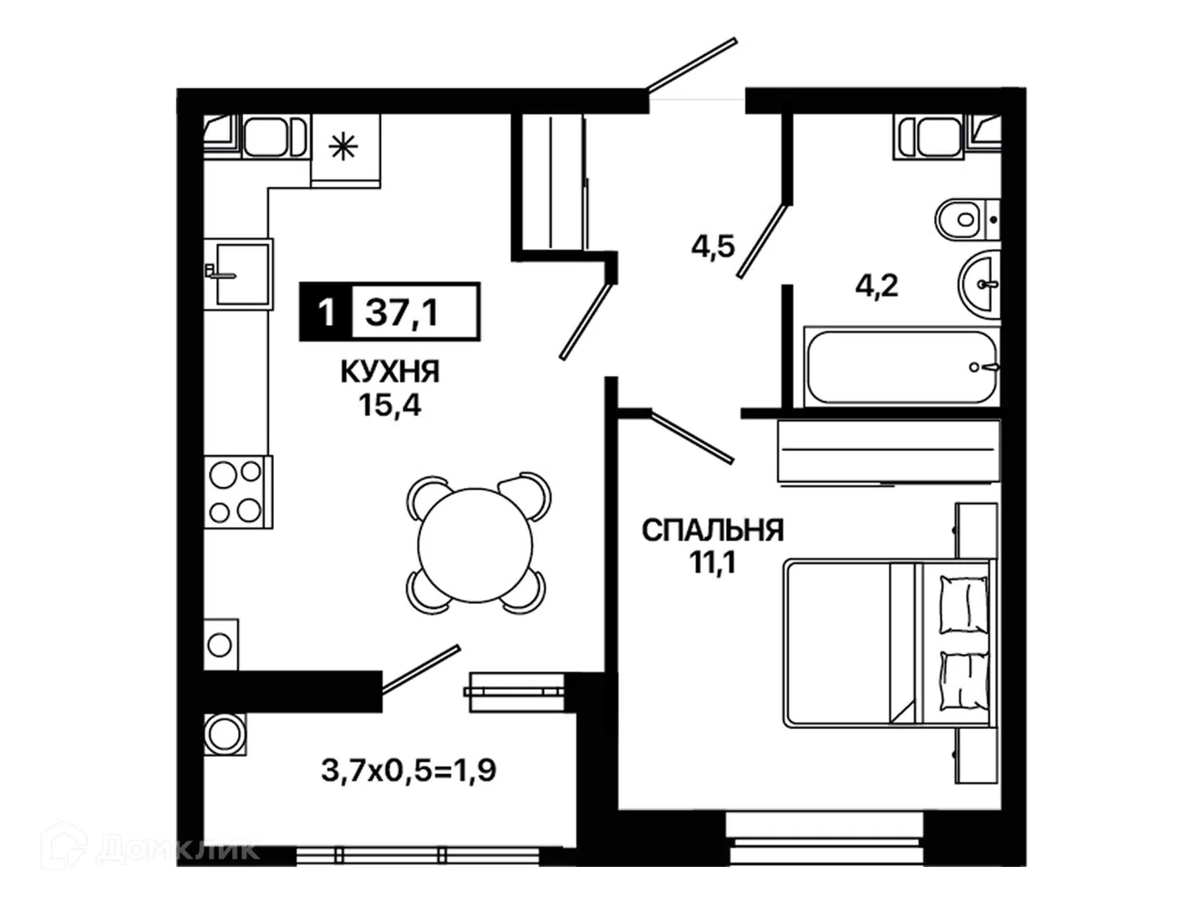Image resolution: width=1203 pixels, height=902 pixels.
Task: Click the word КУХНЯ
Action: [x=389, y=372]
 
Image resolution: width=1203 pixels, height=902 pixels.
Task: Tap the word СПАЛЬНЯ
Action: [x=713, y=530]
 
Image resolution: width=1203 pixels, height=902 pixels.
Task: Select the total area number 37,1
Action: [x=403, y=313]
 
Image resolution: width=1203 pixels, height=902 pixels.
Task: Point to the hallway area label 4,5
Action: [x=713, y=247]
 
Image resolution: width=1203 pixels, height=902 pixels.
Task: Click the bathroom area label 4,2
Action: [x=877, y=286]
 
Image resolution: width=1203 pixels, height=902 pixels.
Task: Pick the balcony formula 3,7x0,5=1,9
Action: [x=409, y=770]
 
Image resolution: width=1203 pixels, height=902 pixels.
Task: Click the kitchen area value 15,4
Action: [x=389, y=406]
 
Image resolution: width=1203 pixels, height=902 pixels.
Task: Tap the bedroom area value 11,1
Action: [x=713, y=563]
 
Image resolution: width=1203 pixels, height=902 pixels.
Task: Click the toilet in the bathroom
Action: [x=967, y=219]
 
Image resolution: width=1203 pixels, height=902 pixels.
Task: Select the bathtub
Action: [x=901, y=367]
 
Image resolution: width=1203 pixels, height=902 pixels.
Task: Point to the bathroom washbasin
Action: [x=980, y=284]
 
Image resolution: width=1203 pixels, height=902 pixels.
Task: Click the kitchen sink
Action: [x=239, y=274]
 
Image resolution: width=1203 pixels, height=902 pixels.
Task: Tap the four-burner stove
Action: [x=238, y=491]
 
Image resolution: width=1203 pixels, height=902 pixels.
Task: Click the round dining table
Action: [x=475, y=545]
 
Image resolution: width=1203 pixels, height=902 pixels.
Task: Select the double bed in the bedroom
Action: [x=889, y=643]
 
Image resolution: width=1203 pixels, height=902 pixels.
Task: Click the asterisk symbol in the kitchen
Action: [x=343, y=147]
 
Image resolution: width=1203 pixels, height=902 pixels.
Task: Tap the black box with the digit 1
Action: [x=326, y=312]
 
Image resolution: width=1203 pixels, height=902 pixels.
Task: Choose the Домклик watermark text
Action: [x=178, y=849]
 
